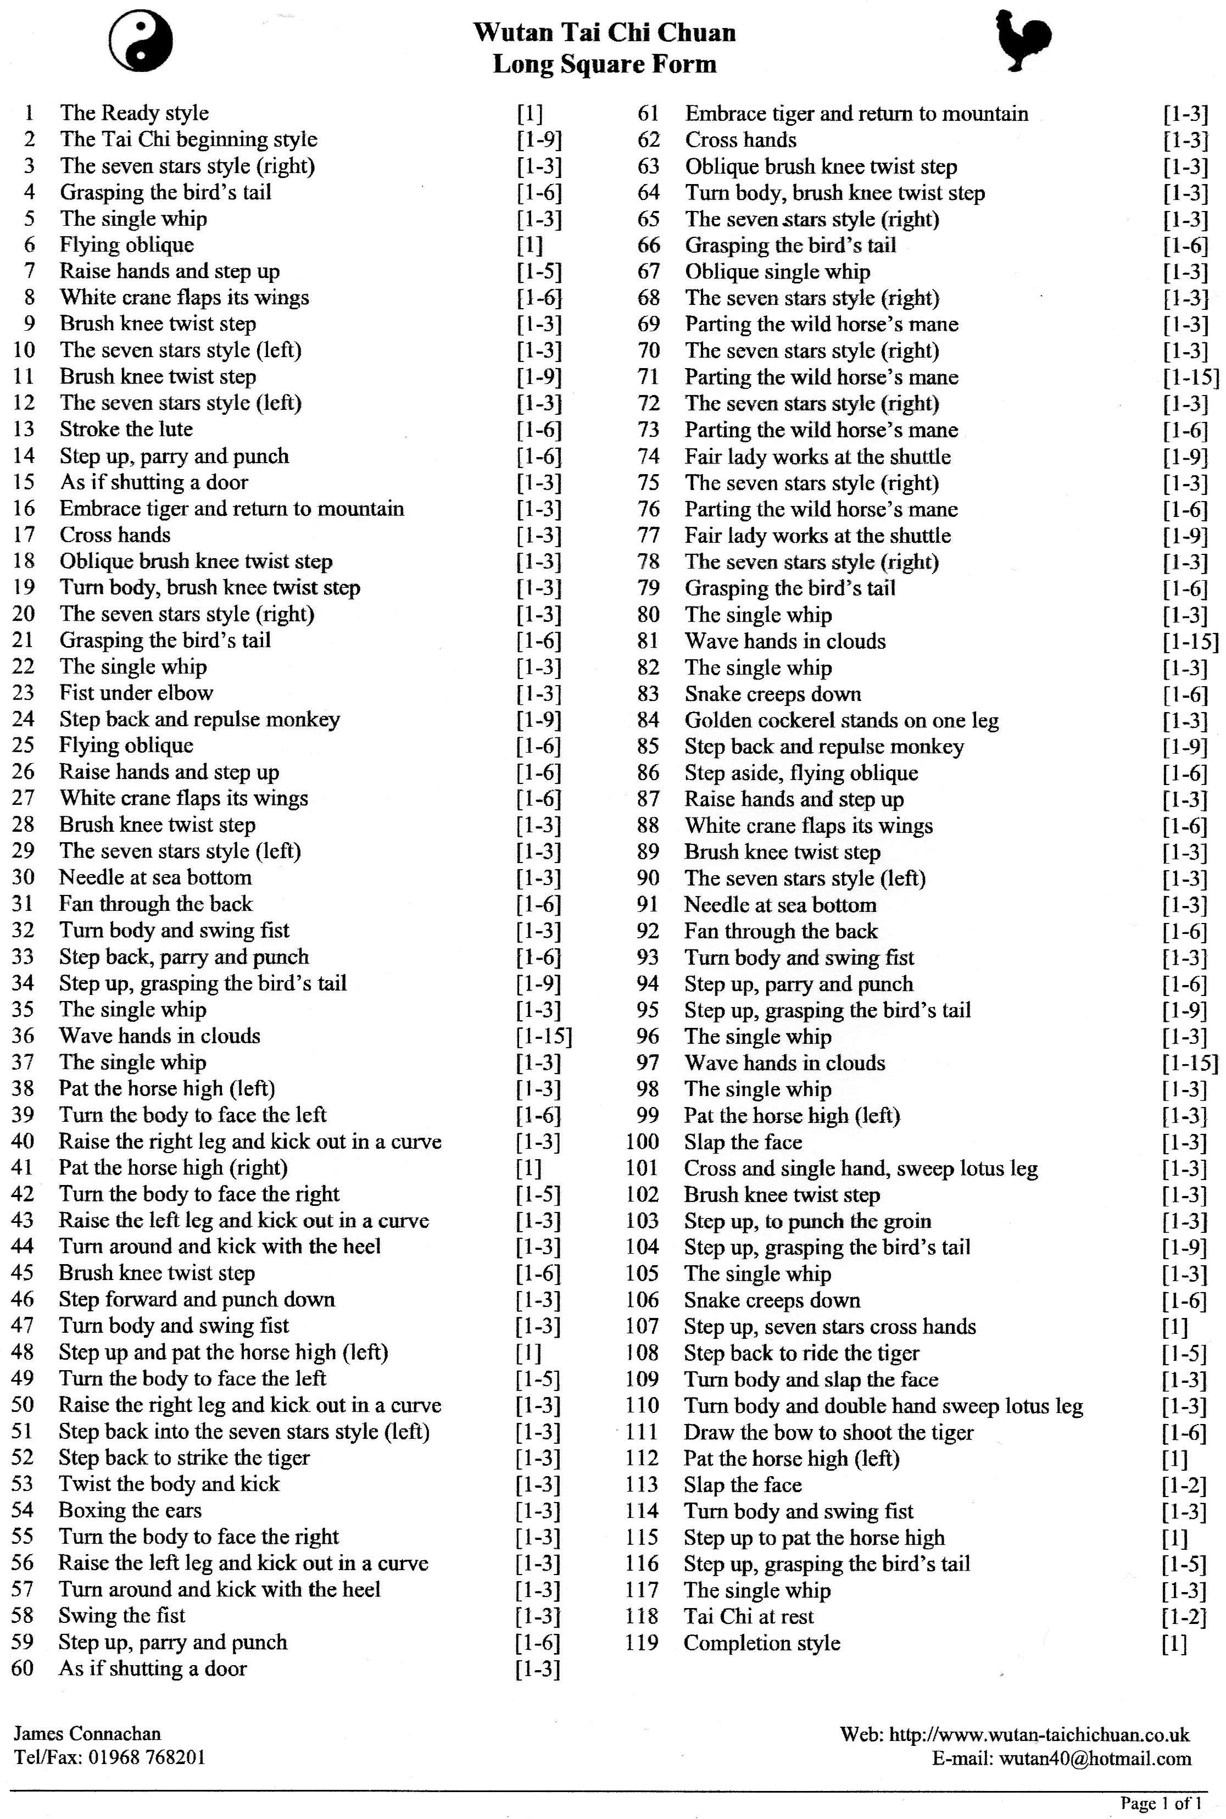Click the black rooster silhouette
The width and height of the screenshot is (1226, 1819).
(1021, 43)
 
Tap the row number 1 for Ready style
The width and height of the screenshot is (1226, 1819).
(29, 113)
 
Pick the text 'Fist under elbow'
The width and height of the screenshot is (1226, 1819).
(136, 693)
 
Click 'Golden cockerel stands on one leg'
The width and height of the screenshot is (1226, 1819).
(842, 720)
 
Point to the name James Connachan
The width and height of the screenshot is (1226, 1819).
(87, 1734)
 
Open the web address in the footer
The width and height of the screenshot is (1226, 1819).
(1039, 1735)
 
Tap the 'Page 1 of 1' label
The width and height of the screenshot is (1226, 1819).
(1160, 1804)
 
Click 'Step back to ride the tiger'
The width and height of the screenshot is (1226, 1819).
(801, 1354)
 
